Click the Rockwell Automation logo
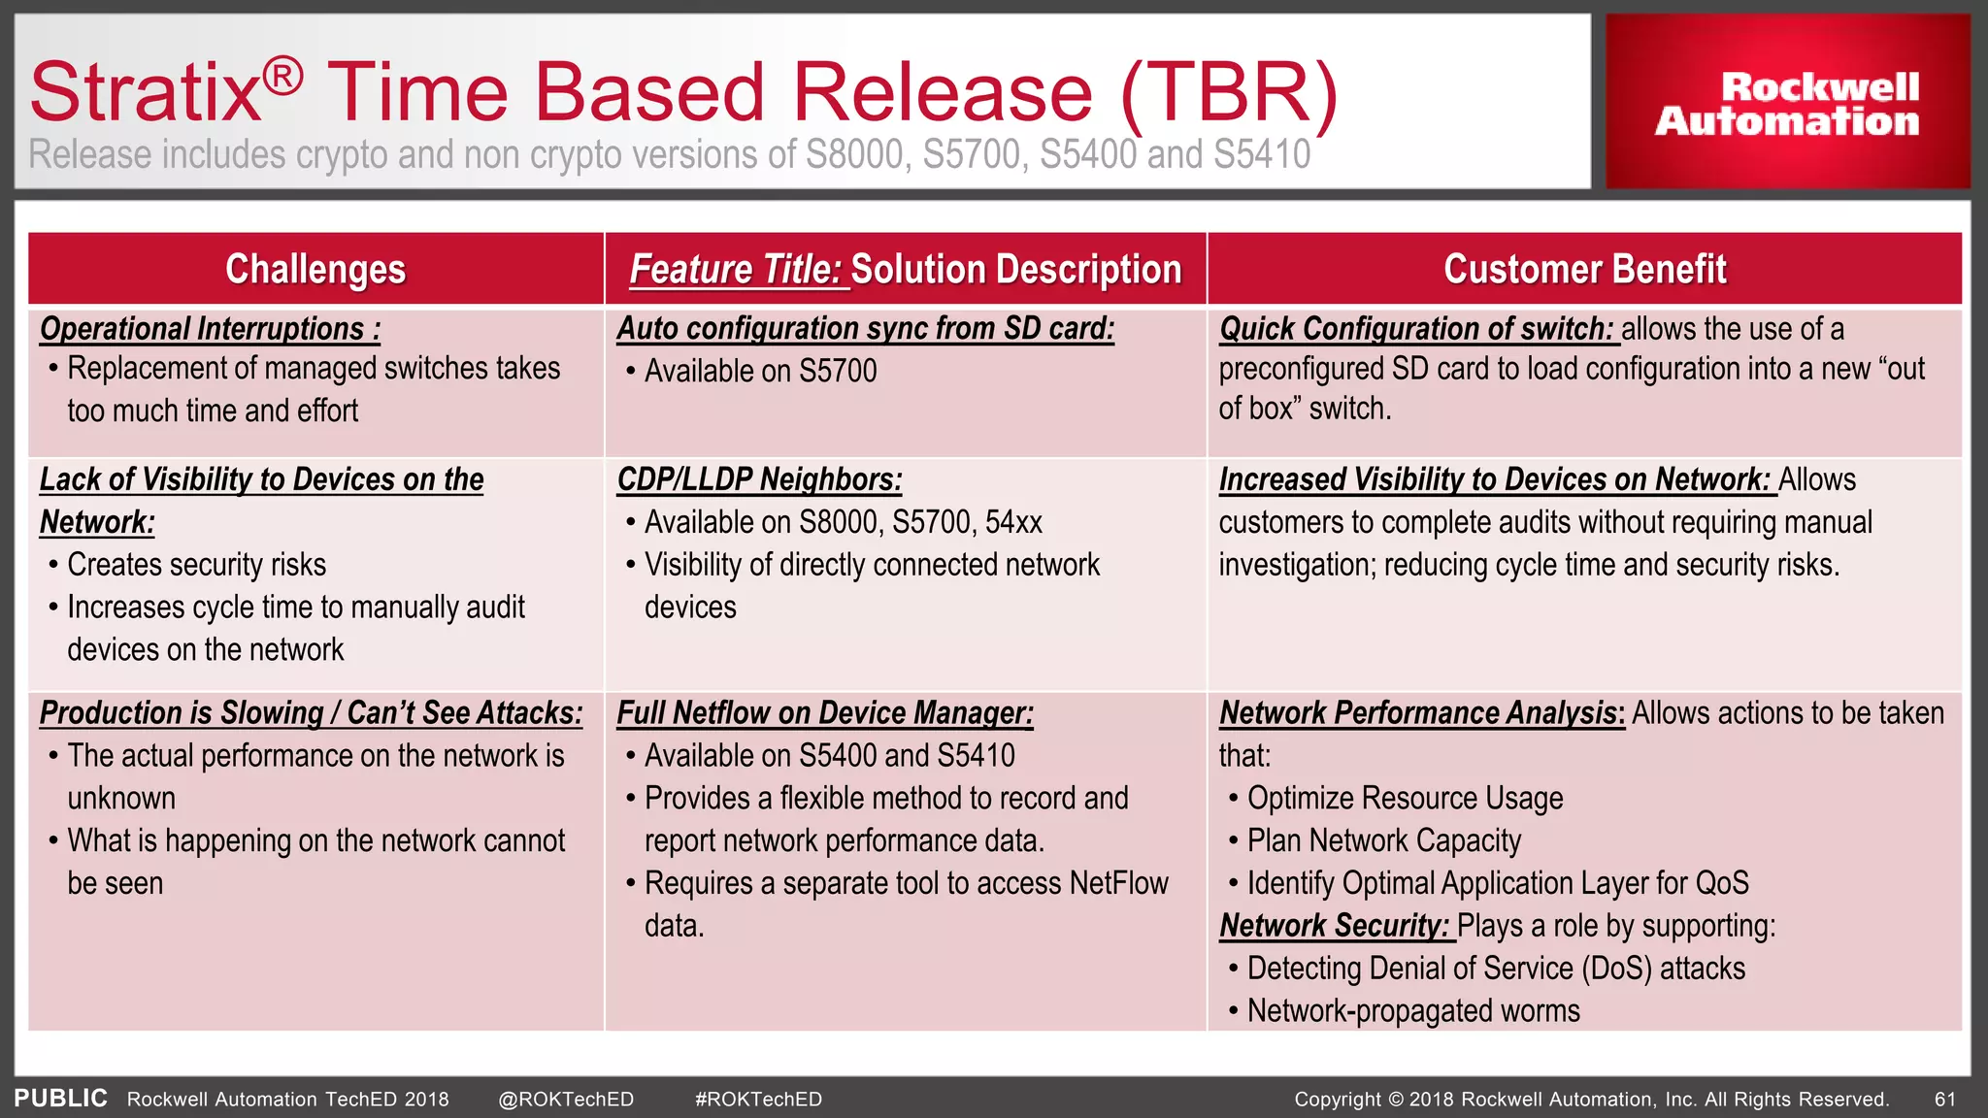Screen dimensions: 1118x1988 coord(1787,103)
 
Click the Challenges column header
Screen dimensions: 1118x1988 coord(315,269)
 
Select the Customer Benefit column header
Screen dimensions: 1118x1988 coord(1584,269)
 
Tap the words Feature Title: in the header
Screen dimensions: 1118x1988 coord(736,270)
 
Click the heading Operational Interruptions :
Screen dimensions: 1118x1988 coord(210,329)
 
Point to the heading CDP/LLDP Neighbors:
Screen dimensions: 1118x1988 coord(759,479)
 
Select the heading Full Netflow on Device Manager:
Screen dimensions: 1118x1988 coord(825,713)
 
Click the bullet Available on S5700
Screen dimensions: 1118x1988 coord(760,371)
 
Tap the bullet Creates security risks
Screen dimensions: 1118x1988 coord(196,565)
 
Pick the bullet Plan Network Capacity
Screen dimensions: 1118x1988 coord(1383,840)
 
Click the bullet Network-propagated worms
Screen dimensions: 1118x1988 coord(1412,1011)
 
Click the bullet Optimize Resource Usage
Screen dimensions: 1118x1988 coord(1405,798)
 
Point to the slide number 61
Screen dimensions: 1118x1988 coord(1944,1100)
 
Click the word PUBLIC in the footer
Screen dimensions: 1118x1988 coord(60,1099)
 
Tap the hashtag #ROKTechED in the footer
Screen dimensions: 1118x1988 coord(758,1100)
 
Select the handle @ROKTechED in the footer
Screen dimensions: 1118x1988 coord(566,1100)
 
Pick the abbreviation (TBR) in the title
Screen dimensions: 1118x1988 coord(1229,93)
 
